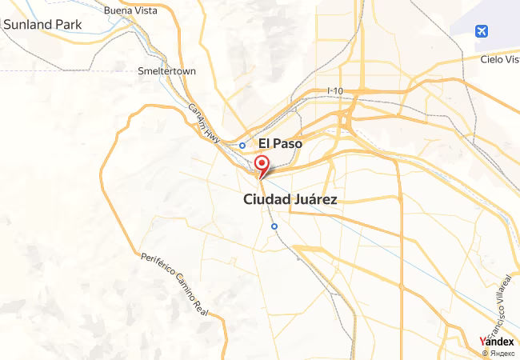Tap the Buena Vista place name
click(130, 11)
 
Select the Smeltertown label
click(166, 70)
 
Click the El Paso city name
click(280, 144)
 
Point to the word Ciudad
click(266, 200)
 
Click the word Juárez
click(314, 200)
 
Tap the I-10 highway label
click(335, 91)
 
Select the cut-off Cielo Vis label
click(500, 59)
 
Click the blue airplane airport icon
click(482, 32)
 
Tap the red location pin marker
click(261, 165)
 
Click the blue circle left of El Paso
click(242, 146)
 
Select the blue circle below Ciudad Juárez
click(274, 226)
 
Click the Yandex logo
click(496, 341)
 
